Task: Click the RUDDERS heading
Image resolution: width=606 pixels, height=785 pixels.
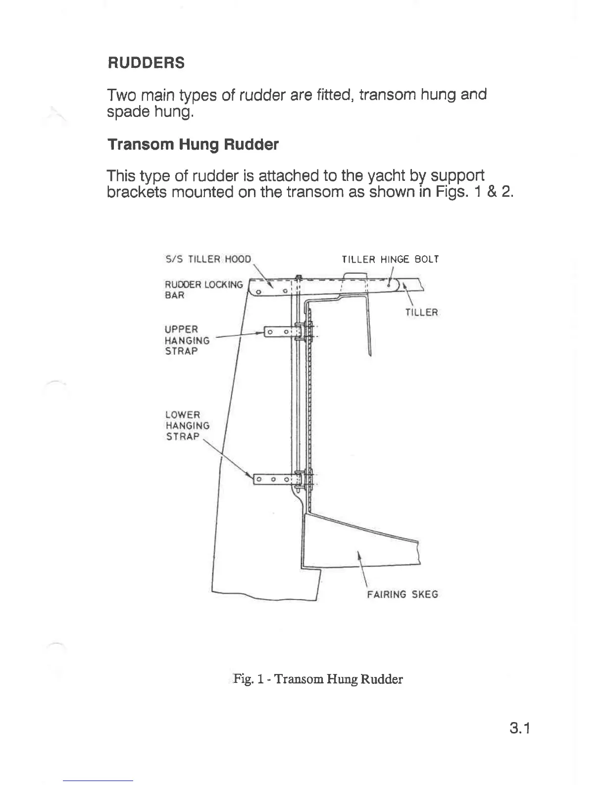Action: (x=146, y=63)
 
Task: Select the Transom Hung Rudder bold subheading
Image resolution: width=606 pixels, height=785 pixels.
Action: (x=193, y=145)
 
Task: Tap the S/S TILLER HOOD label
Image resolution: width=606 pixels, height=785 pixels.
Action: (x=208, y=259)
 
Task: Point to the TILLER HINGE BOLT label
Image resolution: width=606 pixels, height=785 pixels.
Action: (x=390, y=259)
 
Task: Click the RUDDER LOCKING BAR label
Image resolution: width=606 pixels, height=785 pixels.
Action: (x=203, y=289)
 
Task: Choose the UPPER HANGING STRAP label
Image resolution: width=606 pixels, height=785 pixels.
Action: (x=187, y=340)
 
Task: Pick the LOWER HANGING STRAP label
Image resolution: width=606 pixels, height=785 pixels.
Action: (x=187, y=425)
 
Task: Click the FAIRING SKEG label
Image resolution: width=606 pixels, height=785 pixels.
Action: (x=403, y=594)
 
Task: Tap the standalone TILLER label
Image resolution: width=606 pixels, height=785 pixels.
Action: (x=422, y=312)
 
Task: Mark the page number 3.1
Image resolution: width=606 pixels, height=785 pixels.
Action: (x=519, y=729)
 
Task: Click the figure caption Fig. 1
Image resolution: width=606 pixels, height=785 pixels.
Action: (x=318, y=678)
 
